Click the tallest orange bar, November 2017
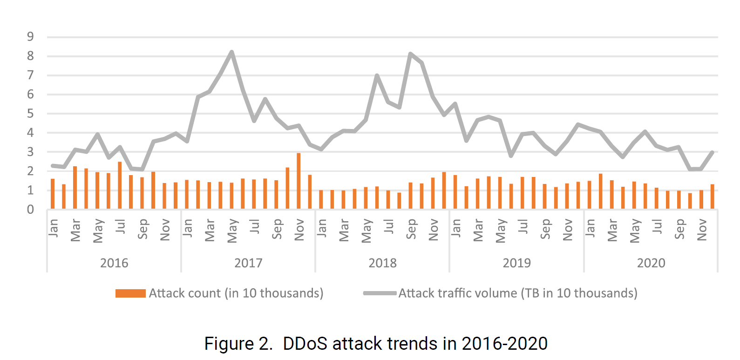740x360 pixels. (299, 181)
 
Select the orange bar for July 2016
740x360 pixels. (120, 185)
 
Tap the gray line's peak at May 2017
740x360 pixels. (231, 52)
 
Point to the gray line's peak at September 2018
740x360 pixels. (410, 54)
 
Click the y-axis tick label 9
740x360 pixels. (30, 36)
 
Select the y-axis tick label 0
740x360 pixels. (30, 210)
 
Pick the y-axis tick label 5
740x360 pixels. (30, 114)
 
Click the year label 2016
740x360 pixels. (114, 263)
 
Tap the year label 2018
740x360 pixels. (382, 263)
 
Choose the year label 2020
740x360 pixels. (651, 263)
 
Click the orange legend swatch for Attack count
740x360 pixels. (130, 293)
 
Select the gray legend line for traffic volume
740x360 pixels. (380, 293)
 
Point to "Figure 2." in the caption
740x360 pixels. (238, 344)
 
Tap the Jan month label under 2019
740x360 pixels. (455, 228)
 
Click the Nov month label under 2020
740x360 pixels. (701, 230)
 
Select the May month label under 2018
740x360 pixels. (366, 231)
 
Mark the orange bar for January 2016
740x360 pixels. (53, 194)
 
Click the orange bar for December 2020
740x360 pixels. (712, 197)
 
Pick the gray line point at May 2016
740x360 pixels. (97, 135)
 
